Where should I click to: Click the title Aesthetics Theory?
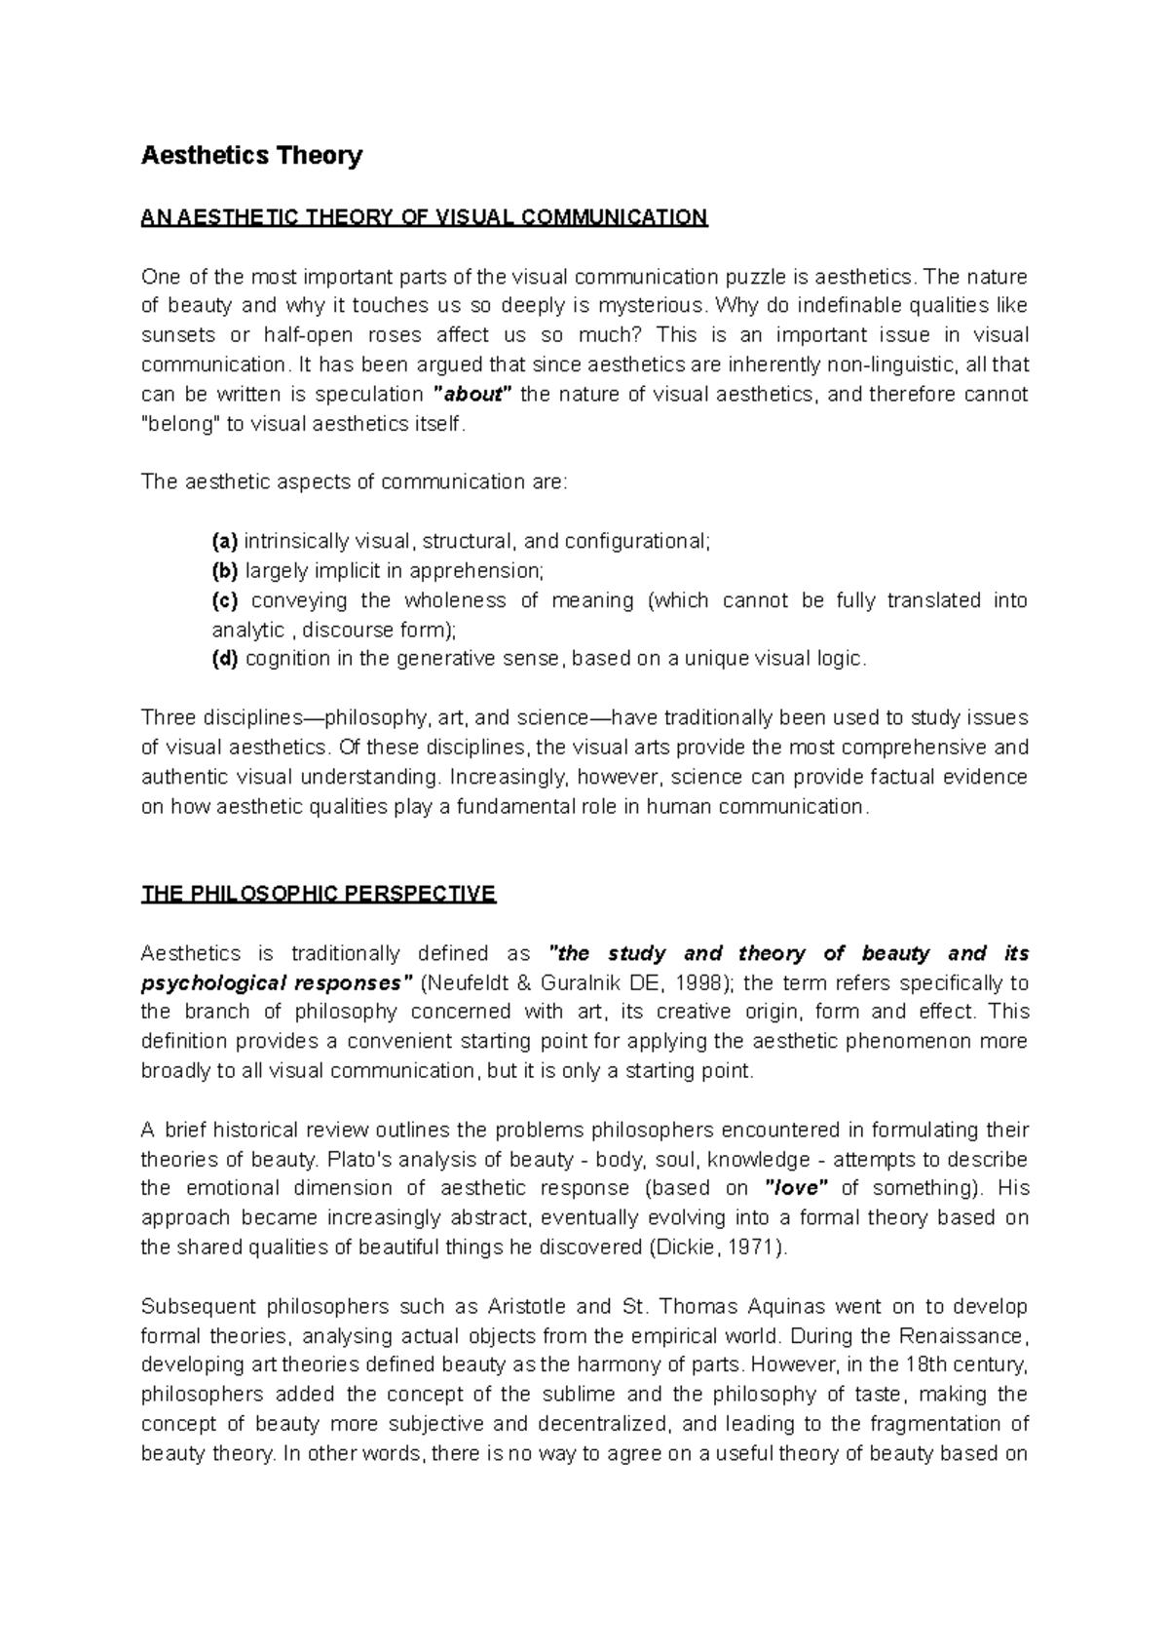(251, 156)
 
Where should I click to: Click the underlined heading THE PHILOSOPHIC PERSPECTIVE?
(319, 894)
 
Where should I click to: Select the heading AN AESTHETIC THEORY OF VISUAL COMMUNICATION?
(424, 217)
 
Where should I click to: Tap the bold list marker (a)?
(225, 542)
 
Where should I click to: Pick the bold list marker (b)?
(225, 571)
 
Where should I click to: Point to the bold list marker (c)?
(225, 600)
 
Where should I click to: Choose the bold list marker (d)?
(225, 659)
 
